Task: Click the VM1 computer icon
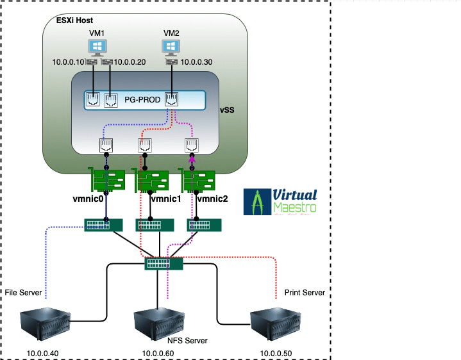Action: [x=98, y=47]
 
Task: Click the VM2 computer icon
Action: [x=171, y=47]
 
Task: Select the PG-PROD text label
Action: [x=142, y=100]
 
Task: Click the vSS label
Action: [x=228, y=110]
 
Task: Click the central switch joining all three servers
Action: [x=163, y=263]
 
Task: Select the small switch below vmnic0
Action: [x=103, y=225]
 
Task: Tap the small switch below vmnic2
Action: [x=205, y=225]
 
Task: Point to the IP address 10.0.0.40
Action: [x=42, y=353]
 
